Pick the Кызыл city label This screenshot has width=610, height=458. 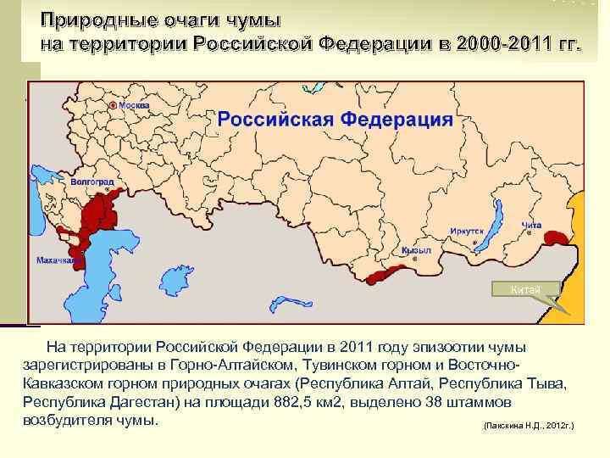coord(417,251)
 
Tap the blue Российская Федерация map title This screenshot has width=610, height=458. coord(335,119)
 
